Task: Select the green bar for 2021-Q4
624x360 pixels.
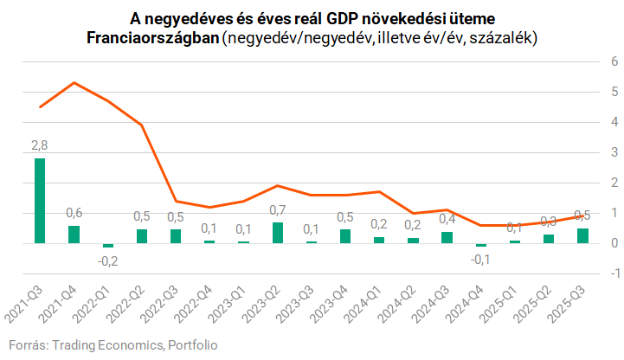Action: pos(74,235)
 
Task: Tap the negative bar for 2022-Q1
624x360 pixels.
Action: pos(107,246)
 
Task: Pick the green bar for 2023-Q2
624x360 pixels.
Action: pos(278,233)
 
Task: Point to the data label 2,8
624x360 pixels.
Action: pos(40,145)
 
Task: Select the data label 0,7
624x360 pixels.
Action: pos(277,210)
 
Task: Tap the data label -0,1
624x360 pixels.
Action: pos(480,258)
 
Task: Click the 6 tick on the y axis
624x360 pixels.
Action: pos(614,61)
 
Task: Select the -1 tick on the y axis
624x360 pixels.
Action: pos(612,273)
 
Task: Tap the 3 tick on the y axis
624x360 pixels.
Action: pos(614,152)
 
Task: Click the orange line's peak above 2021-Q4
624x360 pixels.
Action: pos(74,82)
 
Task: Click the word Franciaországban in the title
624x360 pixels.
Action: pos(152,38)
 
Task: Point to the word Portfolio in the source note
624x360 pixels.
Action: pos(192,345)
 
